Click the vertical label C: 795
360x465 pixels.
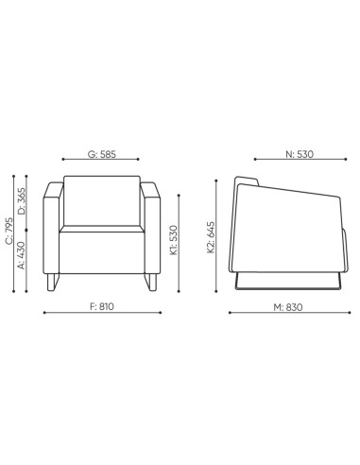coord(10,232)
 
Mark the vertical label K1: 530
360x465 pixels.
coord(174,241)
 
